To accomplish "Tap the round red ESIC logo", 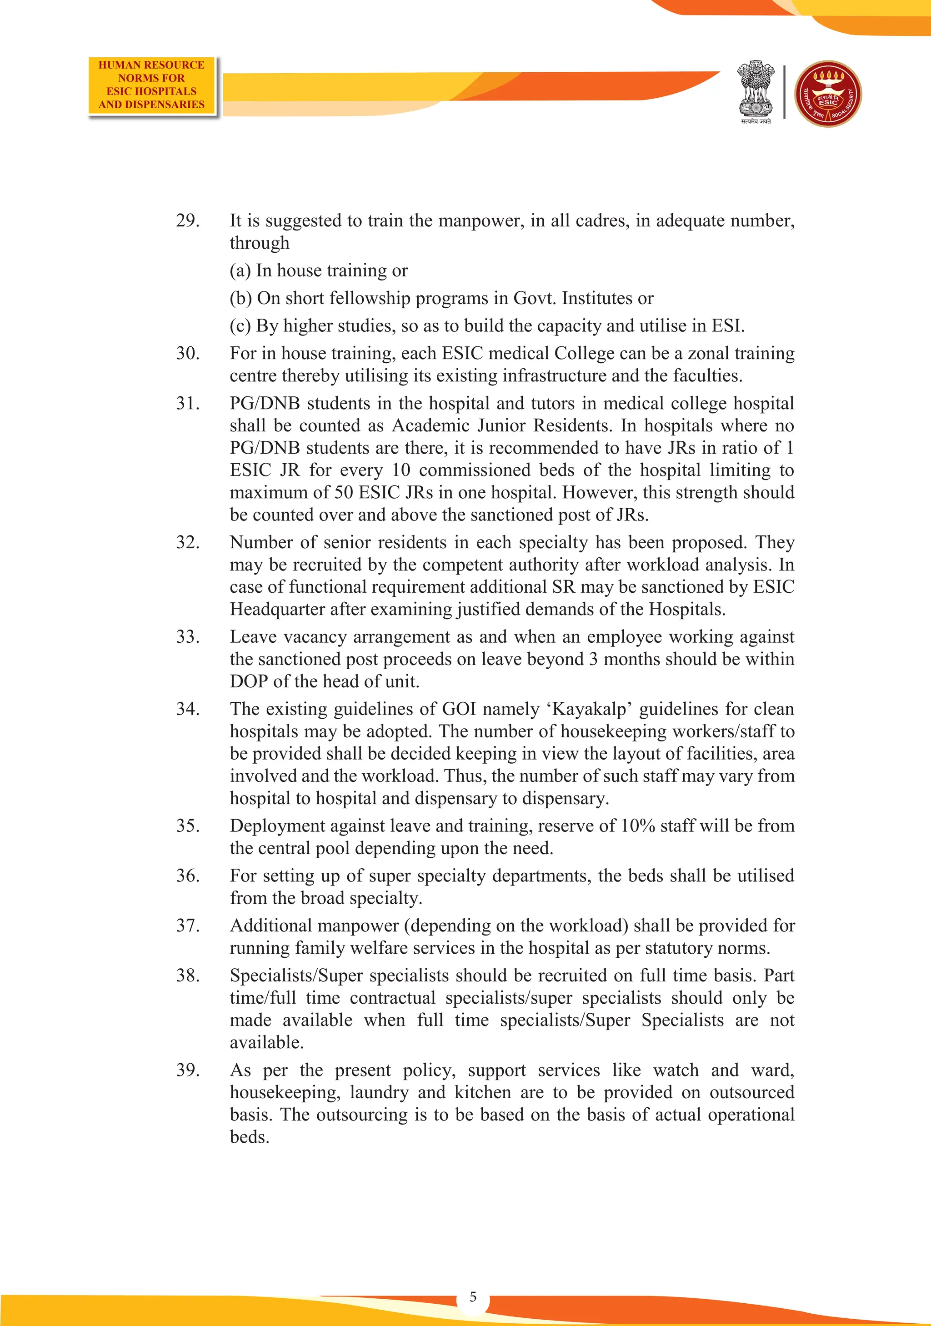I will [828, 94].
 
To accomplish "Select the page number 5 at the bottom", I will [473, 1296].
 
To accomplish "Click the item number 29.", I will [188, 220].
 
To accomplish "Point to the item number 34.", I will [188, 709].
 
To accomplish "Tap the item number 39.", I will [188, 1070].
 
